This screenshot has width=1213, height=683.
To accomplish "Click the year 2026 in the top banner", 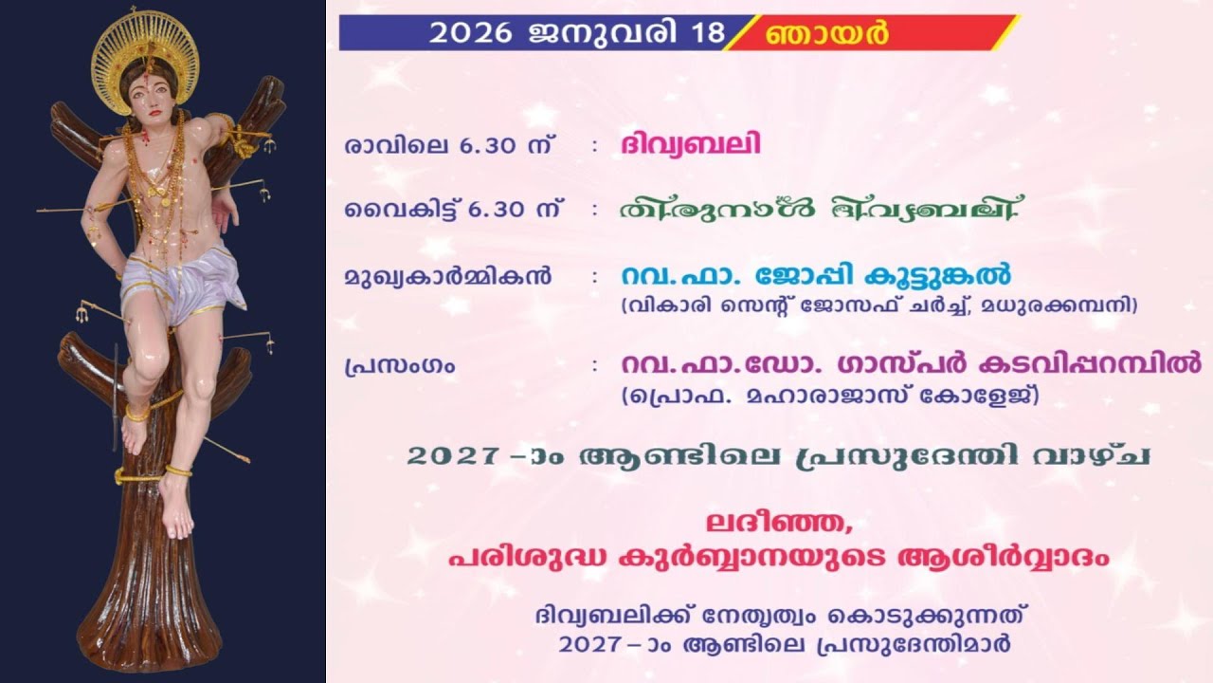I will pos(470,32).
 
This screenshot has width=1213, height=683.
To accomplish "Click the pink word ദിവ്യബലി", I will pos(691,145).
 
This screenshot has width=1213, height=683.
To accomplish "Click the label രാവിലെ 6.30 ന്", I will pos(450,146).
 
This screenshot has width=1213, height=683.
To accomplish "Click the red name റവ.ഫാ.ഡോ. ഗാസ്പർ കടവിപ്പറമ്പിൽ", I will pos(911,363).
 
